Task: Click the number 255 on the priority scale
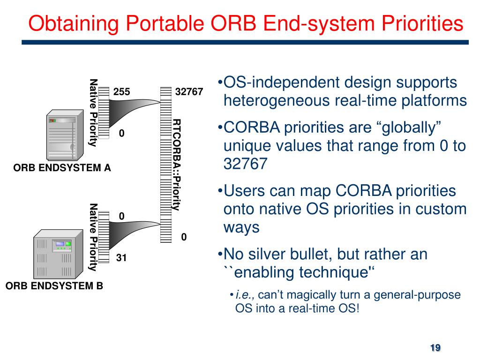[121, 91]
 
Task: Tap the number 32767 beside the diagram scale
[189, 91]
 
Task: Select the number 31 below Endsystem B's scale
[121, 258]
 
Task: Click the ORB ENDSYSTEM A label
[62, 168]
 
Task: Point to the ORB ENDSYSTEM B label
[54, 285]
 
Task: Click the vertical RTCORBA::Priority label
[176, 165]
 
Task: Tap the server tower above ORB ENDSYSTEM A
[65, 135]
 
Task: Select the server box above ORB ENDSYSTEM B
[58, 254]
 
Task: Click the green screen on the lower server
[68, 244]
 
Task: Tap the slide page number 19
[435, 348]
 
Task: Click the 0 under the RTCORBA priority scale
[184, 237]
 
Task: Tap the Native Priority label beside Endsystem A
[93, 112]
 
